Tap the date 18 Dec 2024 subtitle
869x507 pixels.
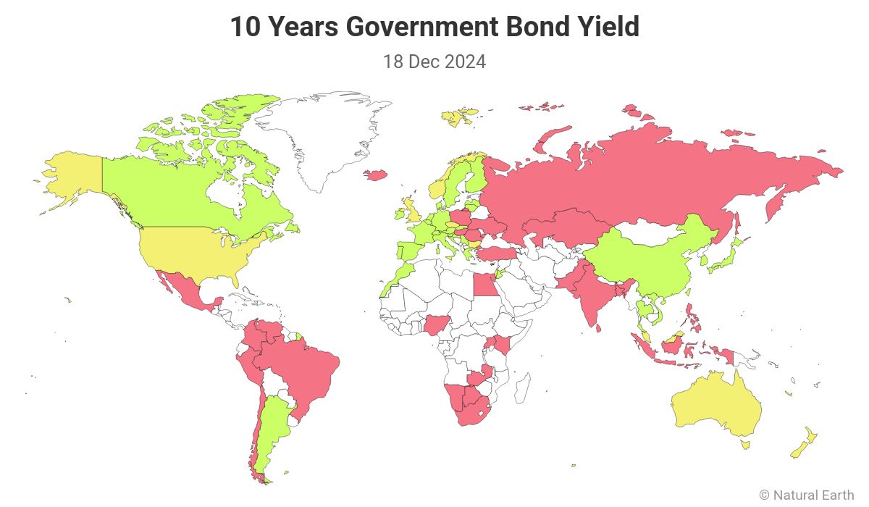point(434,62)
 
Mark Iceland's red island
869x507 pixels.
point(375,175)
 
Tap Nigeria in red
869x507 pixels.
point(437,324)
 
